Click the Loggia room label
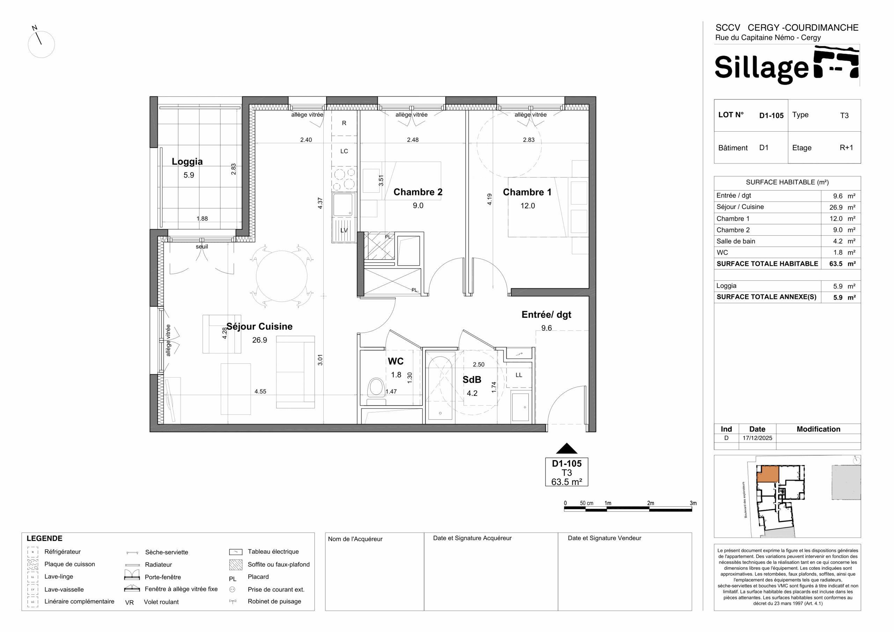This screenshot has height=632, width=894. click(x=187, y=162)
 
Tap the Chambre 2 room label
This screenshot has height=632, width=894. click(x=418, y=192)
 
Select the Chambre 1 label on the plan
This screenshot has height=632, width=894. click(x=527, y=192)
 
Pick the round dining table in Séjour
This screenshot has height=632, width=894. click(x=281, y=276)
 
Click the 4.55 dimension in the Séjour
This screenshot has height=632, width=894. click(x=261, y=391)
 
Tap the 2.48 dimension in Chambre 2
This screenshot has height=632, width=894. click(x=413, y=140)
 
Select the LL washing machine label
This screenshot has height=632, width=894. click(x=519, y=375)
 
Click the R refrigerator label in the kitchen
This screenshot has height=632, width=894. click(x=344, y=123)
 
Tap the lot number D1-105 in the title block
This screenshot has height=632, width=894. click(x=771, y=116)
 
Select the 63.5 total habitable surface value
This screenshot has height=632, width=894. click(x=836, y=264)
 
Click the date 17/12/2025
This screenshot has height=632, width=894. click(x=757, y=438)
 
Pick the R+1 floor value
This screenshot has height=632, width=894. click(x=846, y=148)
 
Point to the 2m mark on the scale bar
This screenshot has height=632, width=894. click(x=650, y=503)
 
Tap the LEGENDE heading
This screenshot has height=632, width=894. click(x=44, y=538)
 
